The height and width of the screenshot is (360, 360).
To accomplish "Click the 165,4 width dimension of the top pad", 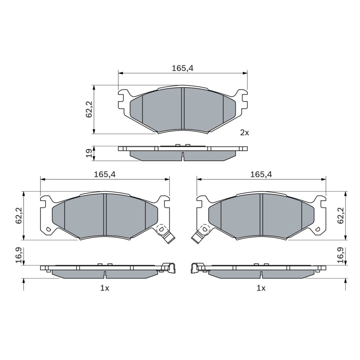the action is pos(183,68).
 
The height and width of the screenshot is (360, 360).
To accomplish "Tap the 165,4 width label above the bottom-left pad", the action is pos(105,174).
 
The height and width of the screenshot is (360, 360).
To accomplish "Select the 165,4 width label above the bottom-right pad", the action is pos(261,174).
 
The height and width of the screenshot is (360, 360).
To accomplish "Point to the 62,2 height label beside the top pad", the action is pos(89,109).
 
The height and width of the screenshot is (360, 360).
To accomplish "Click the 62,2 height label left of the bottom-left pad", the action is pos(18,215).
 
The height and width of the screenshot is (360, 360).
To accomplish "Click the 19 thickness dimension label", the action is pos(89,153).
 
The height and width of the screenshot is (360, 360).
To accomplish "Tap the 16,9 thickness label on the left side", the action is pos(18,255).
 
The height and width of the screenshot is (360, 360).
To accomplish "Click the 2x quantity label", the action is pos(244,133).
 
